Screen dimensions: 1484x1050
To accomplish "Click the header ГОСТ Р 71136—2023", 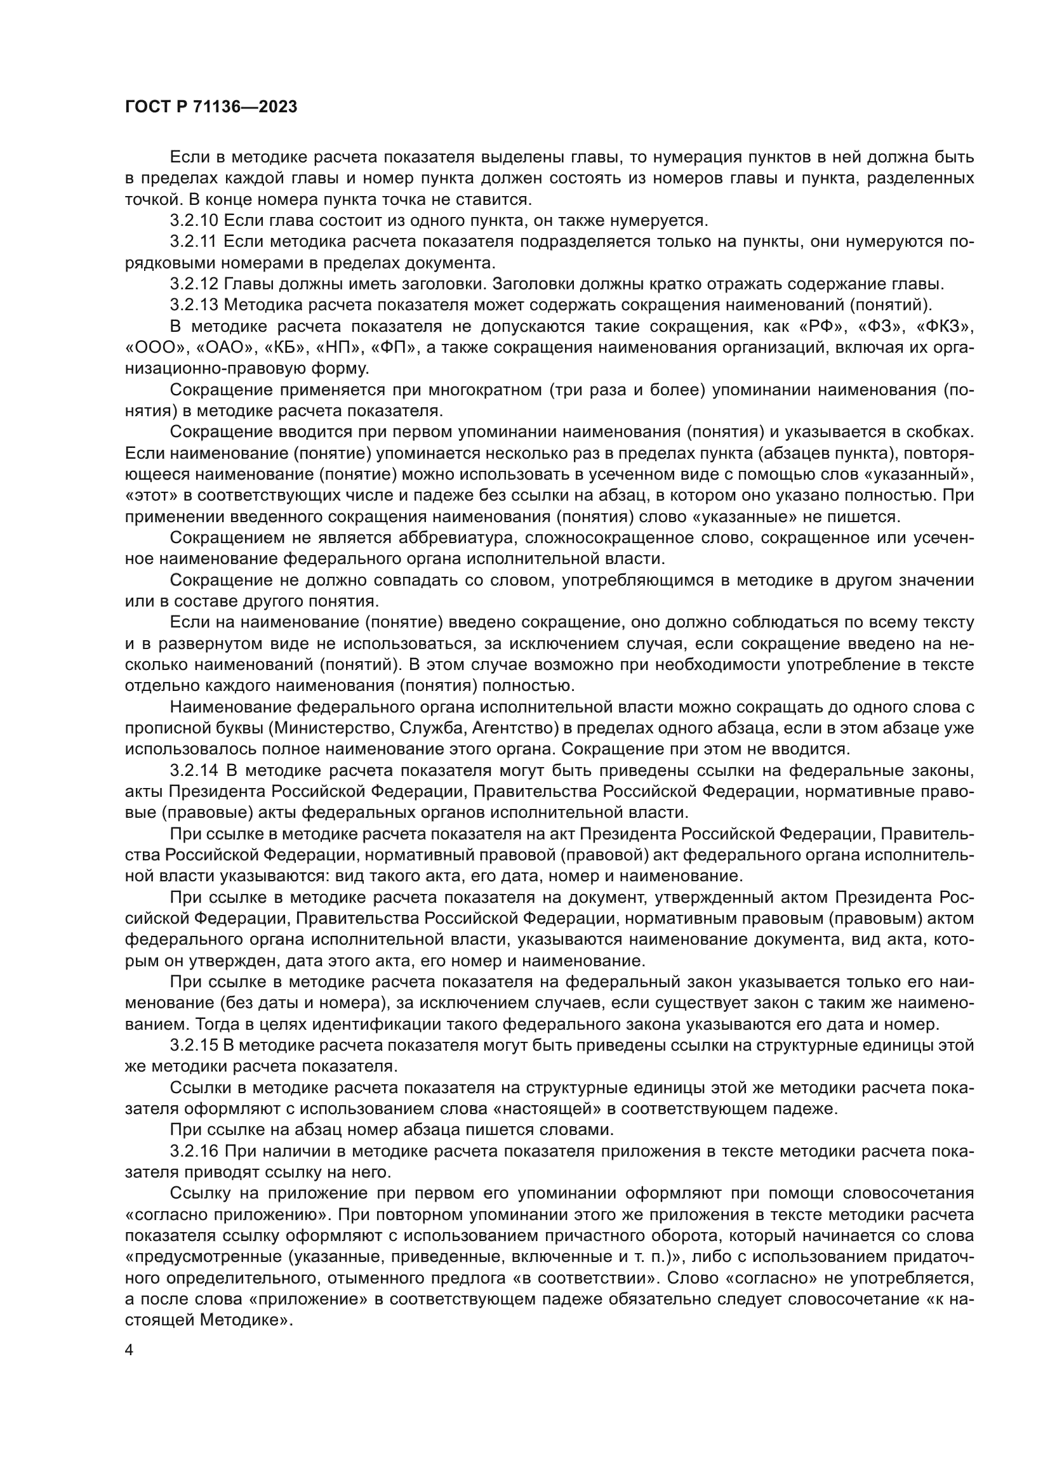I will pyautogui.click(x=211, y=107).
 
